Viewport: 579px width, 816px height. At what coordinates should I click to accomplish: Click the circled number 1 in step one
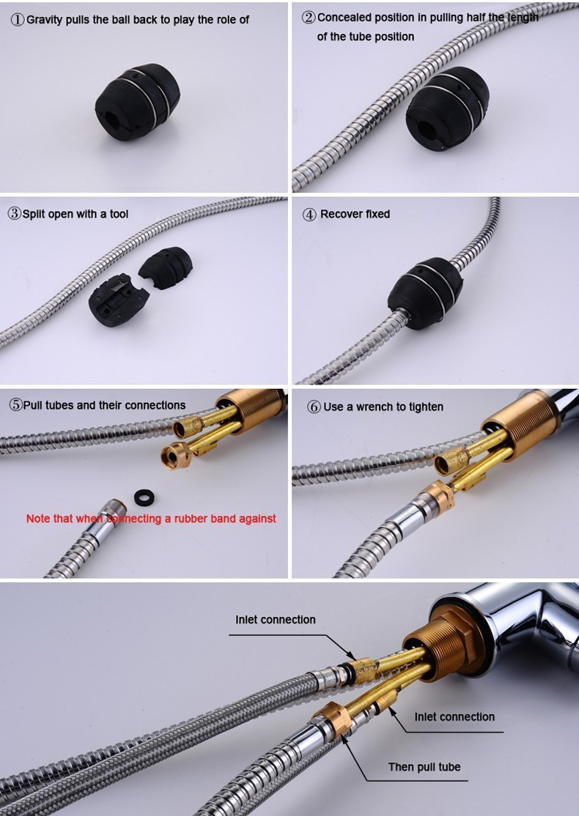(x=18, y=21)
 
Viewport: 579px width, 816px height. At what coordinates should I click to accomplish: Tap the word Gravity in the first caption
(x=44, y=21)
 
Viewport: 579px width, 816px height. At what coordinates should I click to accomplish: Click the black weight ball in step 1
(x=138, y=102)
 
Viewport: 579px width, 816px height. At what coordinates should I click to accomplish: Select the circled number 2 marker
(x=309, y=18)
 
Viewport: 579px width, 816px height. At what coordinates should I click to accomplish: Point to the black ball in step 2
(x=447, y=108)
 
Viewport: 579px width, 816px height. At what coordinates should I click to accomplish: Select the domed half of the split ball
(x=166, y=267)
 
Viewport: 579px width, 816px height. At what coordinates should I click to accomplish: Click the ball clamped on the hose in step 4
(x=425, y=293)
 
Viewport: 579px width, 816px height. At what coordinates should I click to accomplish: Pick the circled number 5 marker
(x=16, y=405)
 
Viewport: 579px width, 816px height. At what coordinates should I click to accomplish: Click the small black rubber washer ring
(x=144, y=497)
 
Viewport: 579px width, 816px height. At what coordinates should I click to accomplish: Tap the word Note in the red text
(x=37, y=519)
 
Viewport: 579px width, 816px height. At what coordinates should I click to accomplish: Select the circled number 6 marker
(x=314, y=407)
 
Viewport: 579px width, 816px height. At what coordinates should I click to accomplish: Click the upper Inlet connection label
(x=276, y=619)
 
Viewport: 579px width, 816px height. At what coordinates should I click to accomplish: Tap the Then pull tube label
(x=424, y=767)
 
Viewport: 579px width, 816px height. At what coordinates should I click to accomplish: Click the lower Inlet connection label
(x=454, y=716)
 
